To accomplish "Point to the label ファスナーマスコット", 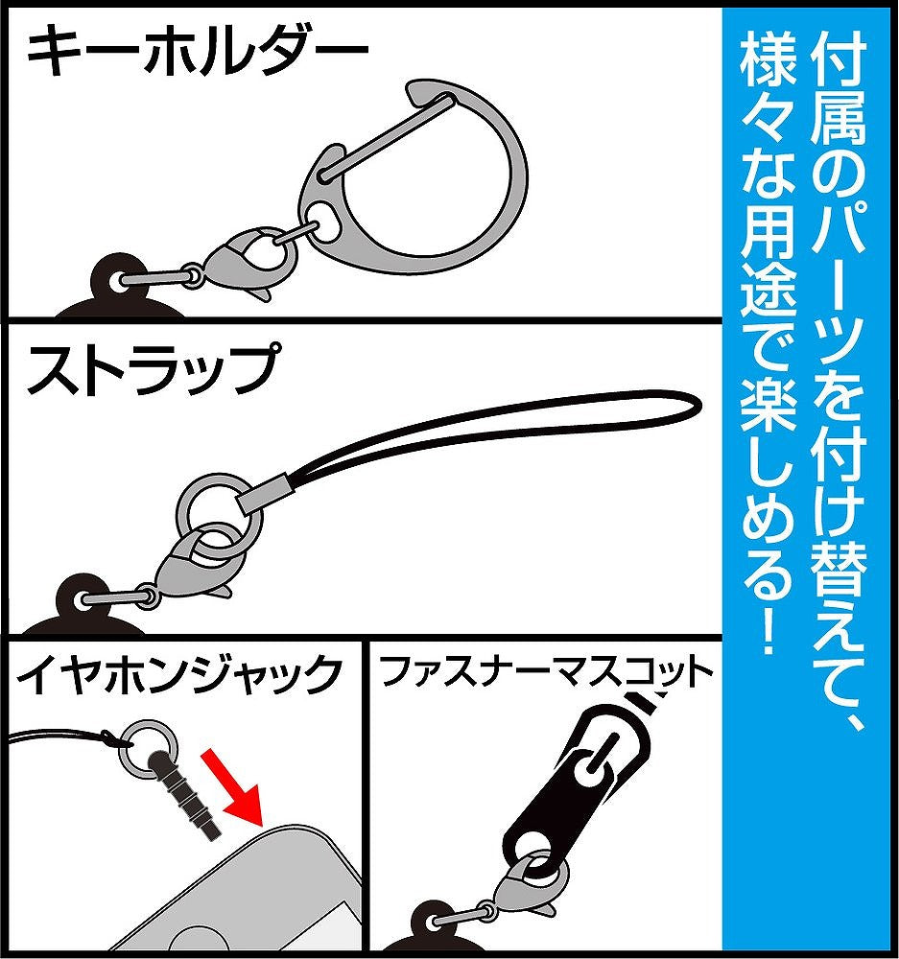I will pyautogui.click(x=548, y=674).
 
